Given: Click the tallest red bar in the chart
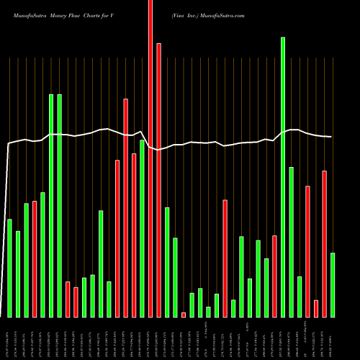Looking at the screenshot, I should (x=150, y=158).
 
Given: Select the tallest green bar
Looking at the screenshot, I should (x=283, y=177).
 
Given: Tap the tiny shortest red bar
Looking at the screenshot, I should (x=184, y=315).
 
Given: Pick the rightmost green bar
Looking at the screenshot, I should (x=333, y=285).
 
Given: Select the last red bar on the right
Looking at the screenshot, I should (x=324, y=244).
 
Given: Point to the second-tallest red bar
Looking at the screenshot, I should (x=158, y=180).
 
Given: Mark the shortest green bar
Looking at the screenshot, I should (x=208, y=312).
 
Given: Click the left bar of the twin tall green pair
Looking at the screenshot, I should (x=51, y=205).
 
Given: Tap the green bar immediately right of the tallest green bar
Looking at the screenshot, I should (x=291, y=242).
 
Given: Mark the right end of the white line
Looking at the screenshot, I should (x=331, y=137).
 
